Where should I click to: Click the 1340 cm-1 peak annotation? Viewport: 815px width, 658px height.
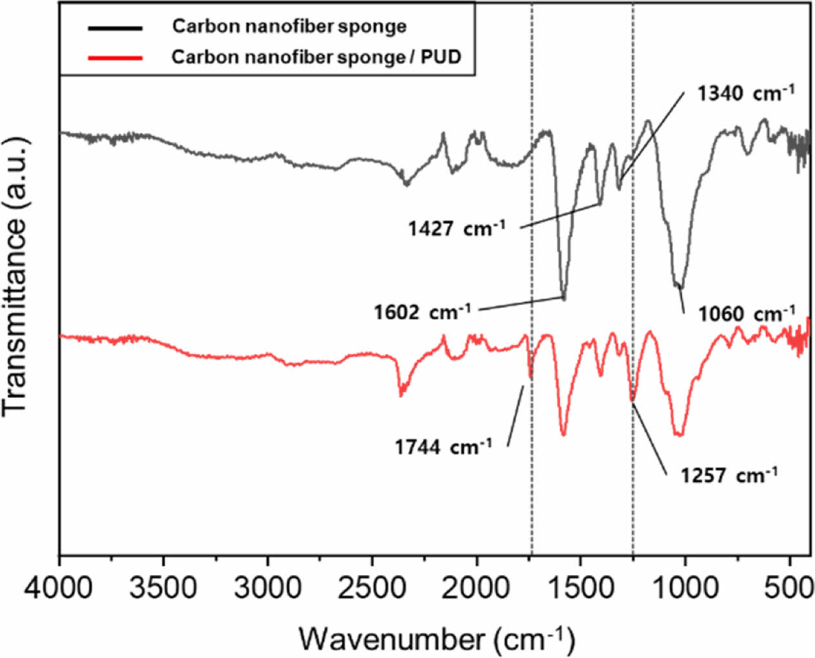[745, 93]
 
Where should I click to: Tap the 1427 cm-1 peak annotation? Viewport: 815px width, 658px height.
[456, 228]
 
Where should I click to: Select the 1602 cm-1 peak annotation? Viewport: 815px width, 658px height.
[422, 312]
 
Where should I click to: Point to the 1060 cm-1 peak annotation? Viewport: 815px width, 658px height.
[746, 314]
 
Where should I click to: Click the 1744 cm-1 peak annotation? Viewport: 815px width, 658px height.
[443, 447]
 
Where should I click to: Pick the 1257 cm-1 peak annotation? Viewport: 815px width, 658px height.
[728, 476]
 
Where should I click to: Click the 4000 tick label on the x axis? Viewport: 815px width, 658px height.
[60, 588]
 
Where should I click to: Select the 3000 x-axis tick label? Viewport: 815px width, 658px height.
[268, 588]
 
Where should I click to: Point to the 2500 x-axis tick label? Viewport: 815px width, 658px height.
[373, 588]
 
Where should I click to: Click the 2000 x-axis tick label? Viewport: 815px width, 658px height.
[477, 588]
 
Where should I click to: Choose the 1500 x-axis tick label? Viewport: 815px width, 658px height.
[581, 588]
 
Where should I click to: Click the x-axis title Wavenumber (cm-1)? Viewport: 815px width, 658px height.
[436, 639]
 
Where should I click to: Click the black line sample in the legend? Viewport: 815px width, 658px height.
[114, 28]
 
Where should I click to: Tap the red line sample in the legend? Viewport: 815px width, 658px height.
[114, 58]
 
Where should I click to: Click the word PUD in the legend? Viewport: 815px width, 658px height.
[441, 57]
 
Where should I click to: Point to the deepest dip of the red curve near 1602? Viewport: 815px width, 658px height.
[563, 434]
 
